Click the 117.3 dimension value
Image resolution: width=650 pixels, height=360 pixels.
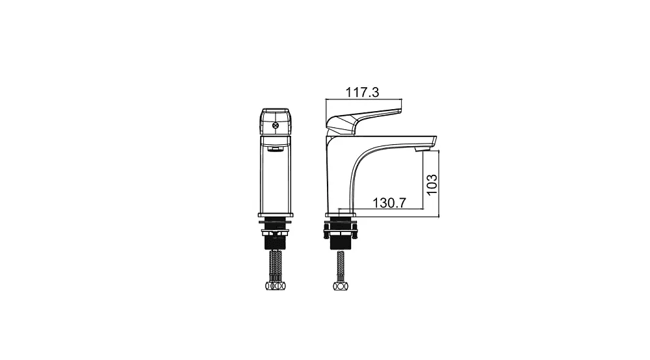coord(362,92)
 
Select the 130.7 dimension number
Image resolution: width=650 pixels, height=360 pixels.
coord(389,203)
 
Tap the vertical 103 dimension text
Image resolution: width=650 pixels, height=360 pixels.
coord(432,185)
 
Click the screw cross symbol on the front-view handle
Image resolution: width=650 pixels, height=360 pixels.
coord(275,125)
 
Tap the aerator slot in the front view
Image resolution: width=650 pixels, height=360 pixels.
coord(275,148)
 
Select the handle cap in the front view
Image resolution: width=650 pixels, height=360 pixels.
coord(275,122)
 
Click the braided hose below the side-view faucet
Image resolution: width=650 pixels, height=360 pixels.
coord(341,266)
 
